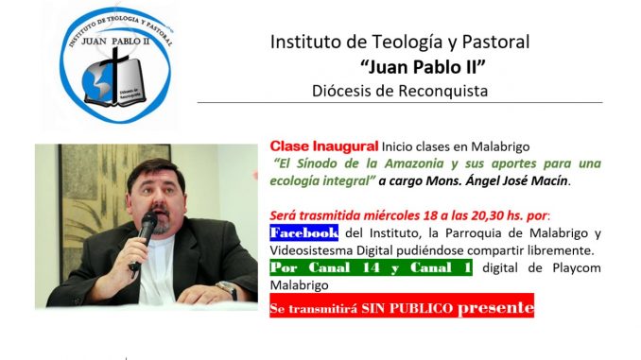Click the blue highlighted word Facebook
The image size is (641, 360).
303,232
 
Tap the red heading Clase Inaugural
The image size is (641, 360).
324,146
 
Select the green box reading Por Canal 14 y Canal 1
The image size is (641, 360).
371,267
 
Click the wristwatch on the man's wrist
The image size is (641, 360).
228,289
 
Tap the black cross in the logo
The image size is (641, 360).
114,75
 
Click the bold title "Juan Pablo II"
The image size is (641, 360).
423,66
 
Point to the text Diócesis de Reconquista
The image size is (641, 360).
400,91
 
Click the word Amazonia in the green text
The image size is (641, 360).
414,163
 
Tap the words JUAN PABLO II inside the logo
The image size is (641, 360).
115,42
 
